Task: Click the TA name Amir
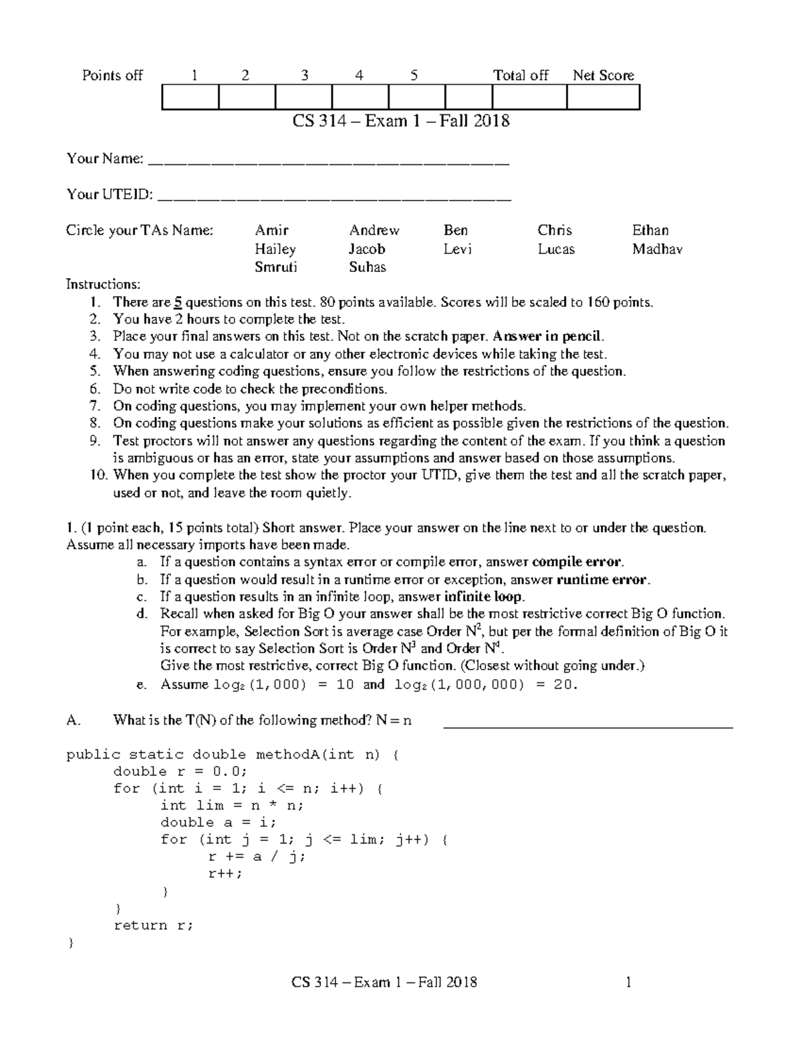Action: pyautogui.click(x=271, y=231)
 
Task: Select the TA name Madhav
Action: pyautogui.click(x=657, y=249)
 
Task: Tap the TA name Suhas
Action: pyautogui.click(x=367, y=267)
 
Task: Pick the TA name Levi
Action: pyautogui.click(x=457, y=249)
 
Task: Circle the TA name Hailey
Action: pyautogui.click(x=275, y=249)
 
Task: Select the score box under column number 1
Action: pyautogui.click(x=190, y=98)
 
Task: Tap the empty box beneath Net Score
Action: pyautogui.click(x=603, y=98)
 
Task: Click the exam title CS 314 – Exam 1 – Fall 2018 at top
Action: pyautogui.click(x=400, y=121)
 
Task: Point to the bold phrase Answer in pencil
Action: pyautogui.click(x=547, y=337)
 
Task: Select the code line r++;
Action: pyautogui.click(x=225, y=874)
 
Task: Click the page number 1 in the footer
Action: pyautogui.click(x=628, y=982)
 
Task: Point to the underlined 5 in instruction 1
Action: pyautogui.click(x=178, y=302)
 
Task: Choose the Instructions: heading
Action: pyautogui.click(x=103, y=284)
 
